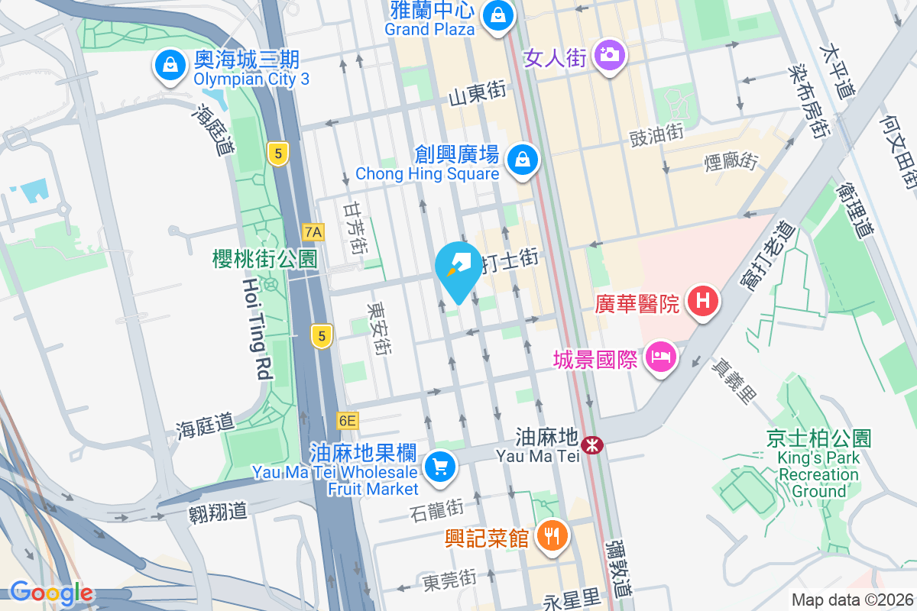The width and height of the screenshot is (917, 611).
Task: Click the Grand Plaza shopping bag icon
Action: tap(498, 15)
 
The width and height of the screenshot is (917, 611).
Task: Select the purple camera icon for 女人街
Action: tap(608, 55)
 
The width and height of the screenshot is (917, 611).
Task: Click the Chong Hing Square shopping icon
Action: tap(523, 160)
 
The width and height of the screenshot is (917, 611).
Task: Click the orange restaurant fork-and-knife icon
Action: tap(552, 536)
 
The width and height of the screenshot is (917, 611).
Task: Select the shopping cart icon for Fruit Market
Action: tap(439, 466)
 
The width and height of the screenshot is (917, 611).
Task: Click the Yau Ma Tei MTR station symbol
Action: tap(591, 445)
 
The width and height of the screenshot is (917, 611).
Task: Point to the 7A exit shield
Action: tap(313, 231)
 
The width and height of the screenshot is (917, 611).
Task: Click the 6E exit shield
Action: tap(347, 420)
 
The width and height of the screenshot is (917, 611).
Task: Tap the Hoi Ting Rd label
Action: tap(257, 328)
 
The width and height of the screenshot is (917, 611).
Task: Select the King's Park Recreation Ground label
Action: tap(818, 465)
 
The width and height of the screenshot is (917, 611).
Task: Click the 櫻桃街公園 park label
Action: tap(264, 259)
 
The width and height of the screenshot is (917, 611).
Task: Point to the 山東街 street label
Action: tap(478, 92)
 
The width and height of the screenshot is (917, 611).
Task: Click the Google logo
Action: tap(51, 593)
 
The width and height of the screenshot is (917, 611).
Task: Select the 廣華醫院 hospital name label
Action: tap(637, 304)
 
